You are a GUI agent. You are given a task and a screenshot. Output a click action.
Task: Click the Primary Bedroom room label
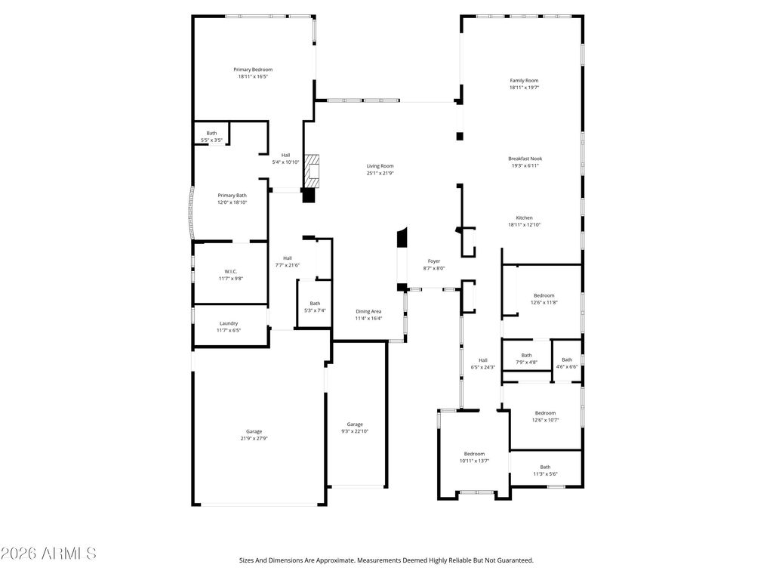(x=253, y=69)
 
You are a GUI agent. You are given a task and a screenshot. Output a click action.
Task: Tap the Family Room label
(x=524, y=80)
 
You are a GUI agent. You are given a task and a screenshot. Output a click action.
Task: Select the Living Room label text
(x=380, y=166)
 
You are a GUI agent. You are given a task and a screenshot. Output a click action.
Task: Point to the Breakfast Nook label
(x=525, y=159)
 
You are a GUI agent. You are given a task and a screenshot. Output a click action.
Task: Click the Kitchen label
(x=524, y=217)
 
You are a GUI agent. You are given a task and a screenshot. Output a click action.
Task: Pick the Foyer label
(x=433, y=261)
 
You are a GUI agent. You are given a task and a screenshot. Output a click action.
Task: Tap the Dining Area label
(x=368, y=311)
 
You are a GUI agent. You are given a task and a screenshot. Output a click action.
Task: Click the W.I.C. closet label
(x=231, y=271)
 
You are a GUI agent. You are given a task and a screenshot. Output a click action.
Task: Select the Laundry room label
(x=229, y=323)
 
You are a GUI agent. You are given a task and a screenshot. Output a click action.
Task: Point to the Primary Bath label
(x=232, y=196)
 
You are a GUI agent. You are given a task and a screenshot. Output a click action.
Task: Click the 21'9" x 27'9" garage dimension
(x=254, y=438)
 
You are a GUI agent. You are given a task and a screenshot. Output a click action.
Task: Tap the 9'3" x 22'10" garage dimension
(x=355, y=431)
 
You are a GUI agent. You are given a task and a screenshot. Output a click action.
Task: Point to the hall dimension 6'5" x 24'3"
(x=482, y=367)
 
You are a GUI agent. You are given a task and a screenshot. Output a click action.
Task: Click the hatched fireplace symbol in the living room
(x=313, y=172)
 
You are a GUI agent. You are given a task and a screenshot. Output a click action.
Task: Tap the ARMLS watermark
(x=48, y=554)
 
